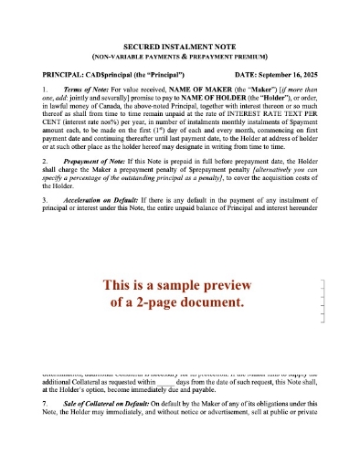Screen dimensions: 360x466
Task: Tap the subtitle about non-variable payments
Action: coord(180,53)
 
